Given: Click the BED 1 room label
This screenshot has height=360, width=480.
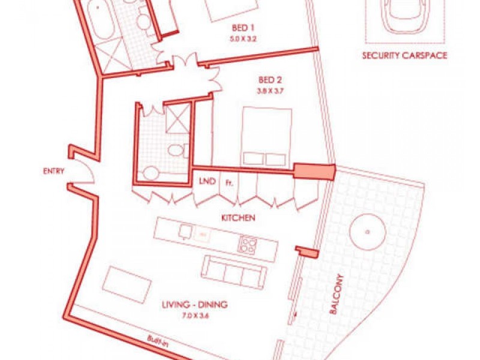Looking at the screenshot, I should coord(245,28).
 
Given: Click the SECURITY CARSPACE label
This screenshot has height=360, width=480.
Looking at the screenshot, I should coord(404,56).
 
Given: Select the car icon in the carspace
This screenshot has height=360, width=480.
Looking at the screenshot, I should coord(405,17).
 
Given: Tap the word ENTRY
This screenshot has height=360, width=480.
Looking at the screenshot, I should coord(53,171).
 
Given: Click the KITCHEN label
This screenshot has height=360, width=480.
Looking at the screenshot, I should coord(238,218).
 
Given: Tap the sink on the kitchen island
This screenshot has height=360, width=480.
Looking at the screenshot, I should coord(186,231).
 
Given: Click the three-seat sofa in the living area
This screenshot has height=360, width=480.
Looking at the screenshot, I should coord(234,272).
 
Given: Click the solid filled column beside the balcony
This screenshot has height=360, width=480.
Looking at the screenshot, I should coord(314,172).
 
